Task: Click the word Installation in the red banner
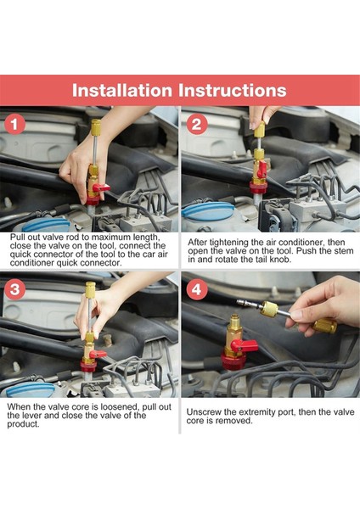(122, 90)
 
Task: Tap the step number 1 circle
(15, 124)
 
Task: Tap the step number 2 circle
(197, 124)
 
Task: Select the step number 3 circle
(15, 289)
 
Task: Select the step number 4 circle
(197, 289)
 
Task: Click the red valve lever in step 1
(101, 188)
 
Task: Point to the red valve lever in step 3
(98, 354)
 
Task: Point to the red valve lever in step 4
(246, 346)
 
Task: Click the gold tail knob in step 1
(96, 127)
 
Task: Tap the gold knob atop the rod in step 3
(90, 289)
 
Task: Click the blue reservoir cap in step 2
(208, 211)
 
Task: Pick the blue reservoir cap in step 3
(31, 390)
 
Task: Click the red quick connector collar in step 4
(233, 361)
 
